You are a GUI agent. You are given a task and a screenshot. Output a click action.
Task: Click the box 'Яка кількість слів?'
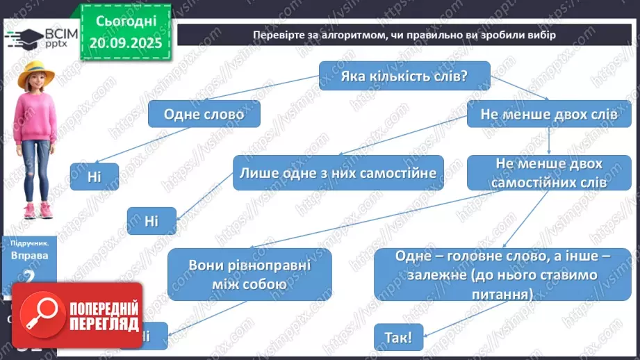coord(404,76)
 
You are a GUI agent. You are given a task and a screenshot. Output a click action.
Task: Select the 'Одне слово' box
coord(204,113)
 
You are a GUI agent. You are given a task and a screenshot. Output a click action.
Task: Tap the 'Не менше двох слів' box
coord(549,113)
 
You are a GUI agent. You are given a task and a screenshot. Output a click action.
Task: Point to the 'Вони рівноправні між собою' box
coord(249,275)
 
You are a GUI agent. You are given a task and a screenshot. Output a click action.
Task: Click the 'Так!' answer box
coord(398,338)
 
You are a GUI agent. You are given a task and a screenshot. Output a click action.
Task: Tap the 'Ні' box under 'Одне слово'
coord(95,177)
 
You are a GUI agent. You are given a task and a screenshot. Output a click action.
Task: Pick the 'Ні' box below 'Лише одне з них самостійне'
coord(151,221)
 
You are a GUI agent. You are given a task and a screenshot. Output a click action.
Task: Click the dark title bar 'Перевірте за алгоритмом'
coord(404,35)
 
